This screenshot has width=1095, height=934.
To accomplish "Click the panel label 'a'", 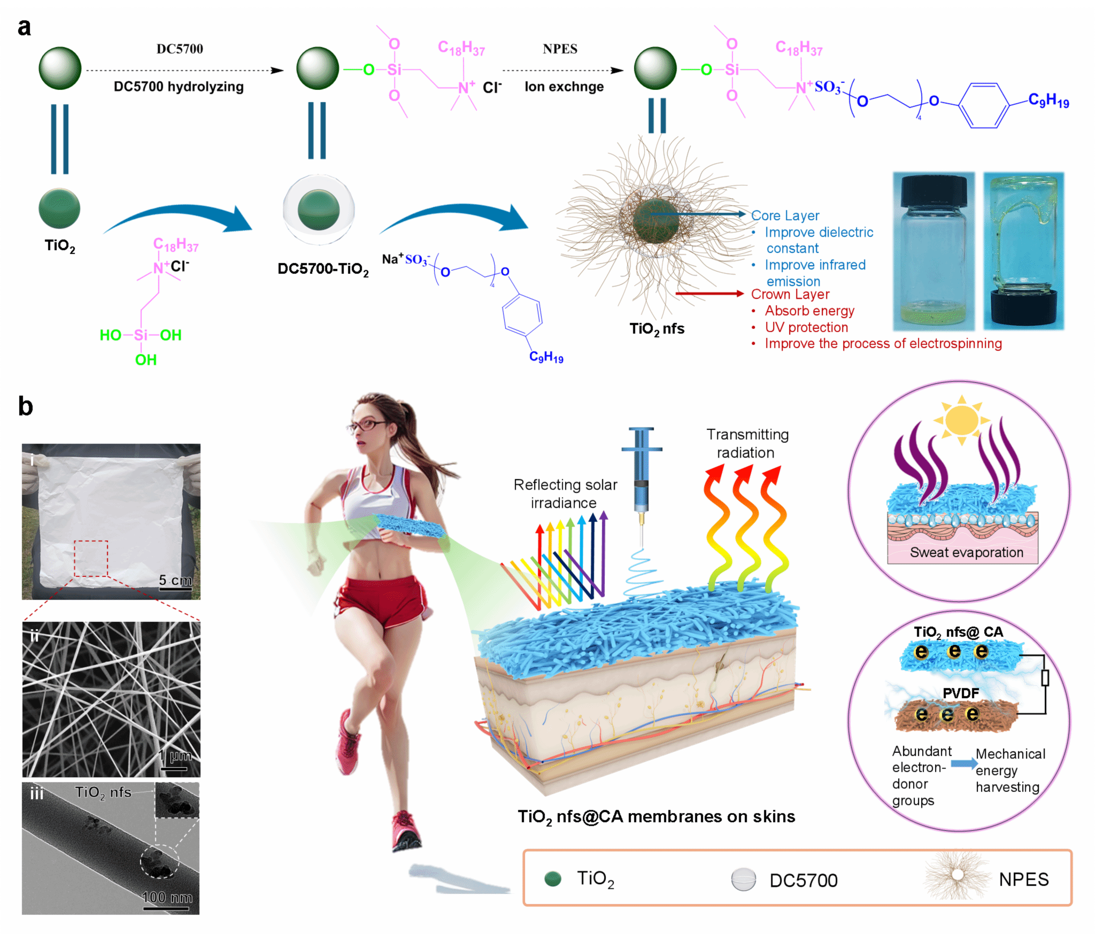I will [x=24, y=27].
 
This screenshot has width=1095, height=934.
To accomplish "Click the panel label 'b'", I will [x=25, y=406].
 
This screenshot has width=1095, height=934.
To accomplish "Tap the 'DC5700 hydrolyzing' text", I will [x=179, y=87].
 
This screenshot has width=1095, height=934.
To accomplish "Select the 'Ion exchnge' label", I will [x=564, y=87].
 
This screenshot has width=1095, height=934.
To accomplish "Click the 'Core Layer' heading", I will [x=785, y=215].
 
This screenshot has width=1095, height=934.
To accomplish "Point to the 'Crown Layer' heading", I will [x=790, y=294].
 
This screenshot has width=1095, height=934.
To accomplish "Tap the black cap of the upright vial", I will [x=934, y=191].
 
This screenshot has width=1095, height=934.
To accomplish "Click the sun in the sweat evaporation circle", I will [x=961, y=420].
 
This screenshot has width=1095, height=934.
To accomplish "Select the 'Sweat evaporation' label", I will [x=966, y=552].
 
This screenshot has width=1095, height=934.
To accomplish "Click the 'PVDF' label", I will [x=961, y=693].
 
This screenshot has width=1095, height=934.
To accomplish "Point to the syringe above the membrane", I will [x=642, y=476].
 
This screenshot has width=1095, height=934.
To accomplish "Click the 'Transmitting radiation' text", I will [x=747, y=443].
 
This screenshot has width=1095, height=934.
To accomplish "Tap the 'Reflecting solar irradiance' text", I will [x=565, y=493].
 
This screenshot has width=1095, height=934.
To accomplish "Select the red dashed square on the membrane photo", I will [x=91, y=558].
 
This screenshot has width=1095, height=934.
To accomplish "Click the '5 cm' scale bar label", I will [x=175, y=580].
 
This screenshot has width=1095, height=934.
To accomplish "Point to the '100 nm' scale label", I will [x=167, y=897].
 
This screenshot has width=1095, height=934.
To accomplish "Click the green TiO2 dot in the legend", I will [x=552, y=878].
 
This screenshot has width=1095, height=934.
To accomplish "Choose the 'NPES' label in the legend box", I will [x=1023, y=879].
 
